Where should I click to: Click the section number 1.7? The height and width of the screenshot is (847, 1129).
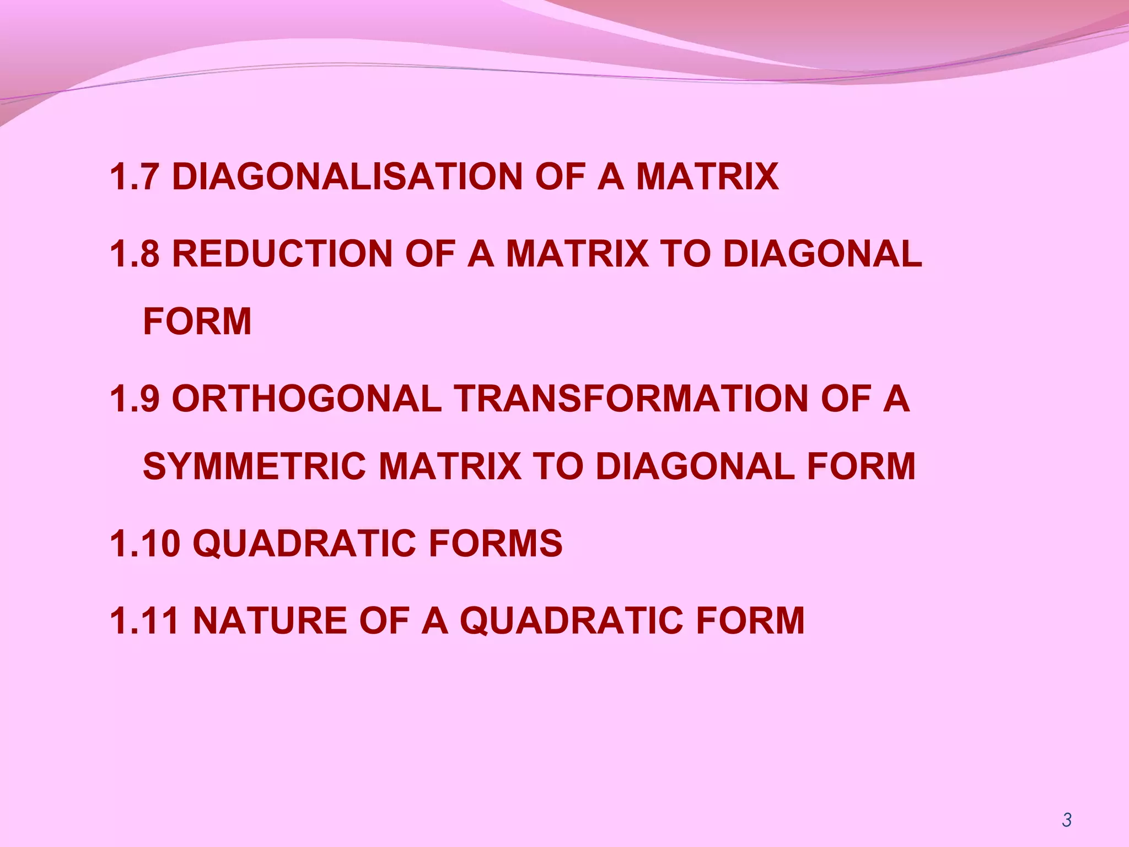pyautogui.click(x=134, y=177)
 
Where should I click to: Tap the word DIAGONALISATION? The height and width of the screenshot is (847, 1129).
pyautogui.click(x=347, y=177)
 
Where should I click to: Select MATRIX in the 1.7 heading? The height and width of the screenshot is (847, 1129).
pyautogui.click(x=707, y=177)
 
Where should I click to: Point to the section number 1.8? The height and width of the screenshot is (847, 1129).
pyautogui.click(x=134, y=254)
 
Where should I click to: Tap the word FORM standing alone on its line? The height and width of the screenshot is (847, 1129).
pyautogui.click(x=197, y=321)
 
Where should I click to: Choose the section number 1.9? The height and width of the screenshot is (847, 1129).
pyautogui.click(x=134, y=399)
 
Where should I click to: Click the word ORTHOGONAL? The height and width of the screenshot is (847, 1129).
pyautogui.click(x=307, y=399)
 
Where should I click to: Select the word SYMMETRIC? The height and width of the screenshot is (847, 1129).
pyautogui.click(x=254, y=467)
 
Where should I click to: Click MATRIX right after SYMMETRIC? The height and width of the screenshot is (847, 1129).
pyautogui.click(x=450, y=467)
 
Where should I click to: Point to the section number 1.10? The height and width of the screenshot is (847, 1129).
pyautogui.click(x=144, y=544)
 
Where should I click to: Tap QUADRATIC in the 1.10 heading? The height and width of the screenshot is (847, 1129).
pyautogui.click(x=303, y=544)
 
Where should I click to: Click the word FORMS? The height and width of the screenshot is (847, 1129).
pyautogui.click(x=495, y=544)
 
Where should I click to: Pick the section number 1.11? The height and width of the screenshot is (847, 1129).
pyautogui.click(x=144, y=621)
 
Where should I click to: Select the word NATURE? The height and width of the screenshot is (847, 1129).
pyautogui.click(x=270, y=621)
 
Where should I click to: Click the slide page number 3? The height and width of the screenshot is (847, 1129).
pyautogui.click(x=1067, y=820)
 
